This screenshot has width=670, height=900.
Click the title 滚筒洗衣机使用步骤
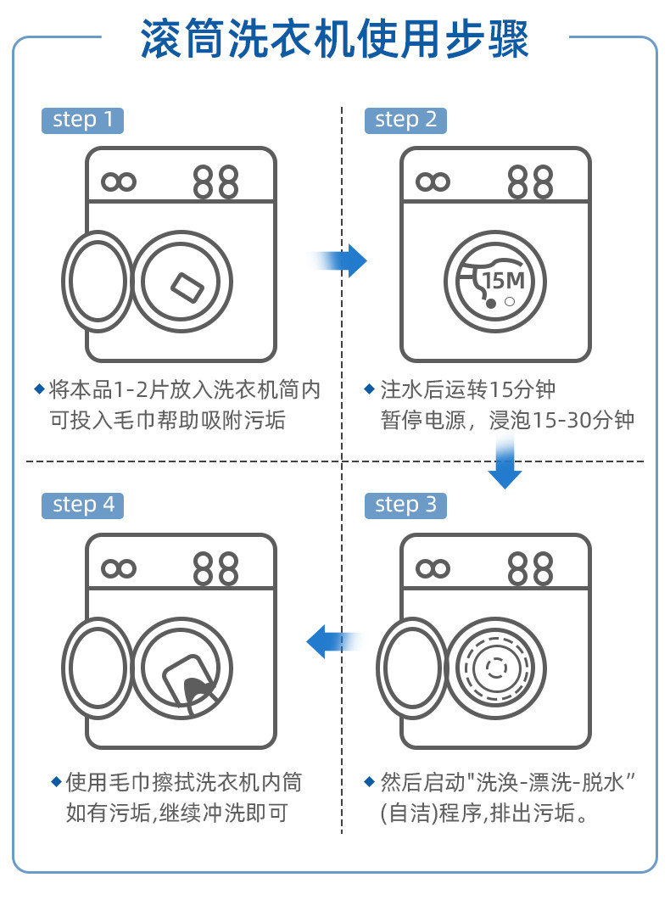[x=335, y=39]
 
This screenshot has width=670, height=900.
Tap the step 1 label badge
[x=82, y=120]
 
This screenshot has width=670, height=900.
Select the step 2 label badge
[x=405, y=120]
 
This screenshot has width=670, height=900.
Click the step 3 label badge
[x=405, y=505]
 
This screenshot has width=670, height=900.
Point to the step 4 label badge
[x=82, y=505]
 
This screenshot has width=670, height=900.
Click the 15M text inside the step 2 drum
[x=503, y=280]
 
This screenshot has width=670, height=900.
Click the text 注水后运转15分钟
[x=467, y=390]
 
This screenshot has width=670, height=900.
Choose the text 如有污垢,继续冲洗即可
[x=176, y=813]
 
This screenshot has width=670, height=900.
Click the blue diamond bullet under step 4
[x=57, y=780]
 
